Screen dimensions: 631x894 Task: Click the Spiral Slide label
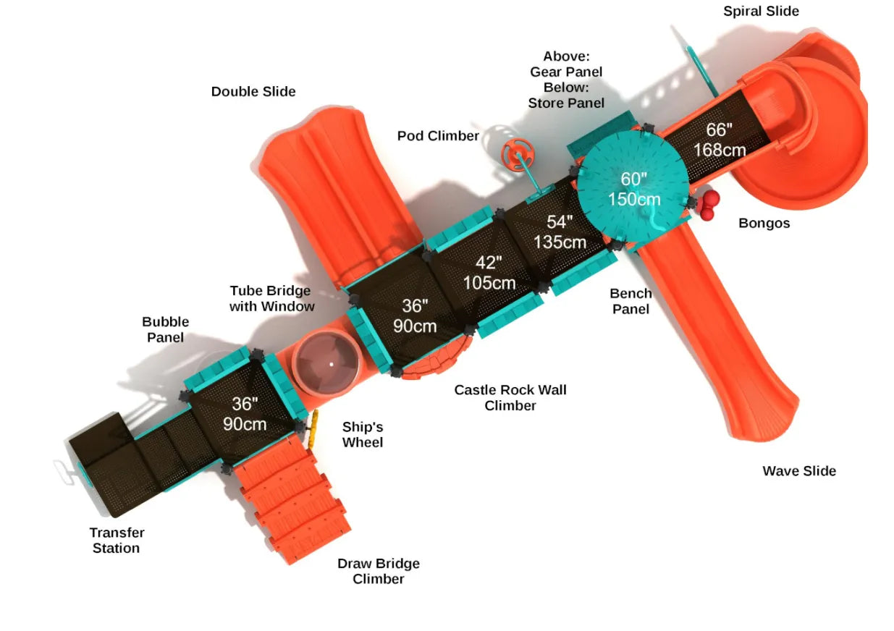pos(761,11)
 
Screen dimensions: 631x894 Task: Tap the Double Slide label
pos(253,91)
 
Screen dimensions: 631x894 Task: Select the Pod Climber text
pos(438,136)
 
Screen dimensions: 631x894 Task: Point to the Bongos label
pos(764,223)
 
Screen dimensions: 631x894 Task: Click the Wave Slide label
pos(799,471)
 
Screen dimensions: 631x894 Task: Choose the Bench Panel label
pos(631,301)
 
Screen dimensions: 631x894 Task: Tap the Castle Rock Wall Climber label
pos(510,397)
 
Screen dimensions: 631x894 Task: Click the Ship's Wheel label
pos(363,434)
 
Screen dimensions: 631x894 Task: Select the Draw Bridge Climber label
pos(379,571)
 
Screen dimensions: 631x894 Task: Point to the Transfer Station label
pos(117,540)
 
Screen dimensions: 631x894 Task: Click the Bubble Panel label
pos(165,329)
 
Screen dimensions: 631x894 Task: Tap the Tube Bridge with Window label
pos(271,298)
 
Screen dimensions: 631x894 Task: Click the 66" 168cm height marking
pos(720,140)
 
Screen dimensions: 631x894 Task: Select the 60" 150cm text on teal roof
pos(633,189)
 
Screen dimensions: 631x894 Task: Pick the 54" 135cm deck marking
pos(560,232)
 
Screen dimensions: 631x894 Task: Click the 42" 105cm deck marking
pos(489,273)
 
